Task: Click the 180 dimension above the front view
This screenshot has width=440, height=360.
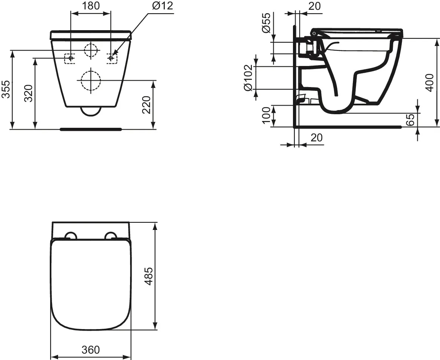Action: click(91, 6)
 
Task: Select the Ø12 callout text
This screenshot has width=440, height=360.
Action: click(162, 6)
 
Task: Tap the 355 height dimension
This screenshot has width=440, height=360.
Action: click(6, 89)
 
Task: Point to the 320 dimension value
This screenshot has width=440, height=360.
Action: click(28, 93)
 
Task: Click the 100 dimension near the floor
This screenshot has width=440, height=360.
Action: click(266, 115)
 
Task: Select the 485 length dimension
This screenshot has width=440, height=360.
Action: click(149, 276)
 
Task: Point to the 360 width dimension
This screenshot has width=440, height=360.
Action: click(91, 350)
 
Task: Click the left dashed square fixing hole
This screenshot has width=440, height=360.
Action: click(70, 58)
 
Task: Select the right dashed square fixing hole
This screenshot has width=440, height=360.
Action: click(112, 58)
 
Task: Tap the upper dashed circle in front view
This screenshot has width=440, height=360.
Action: click(90, 50)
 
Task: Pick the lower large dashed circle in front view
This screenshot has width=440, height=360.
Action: click(90, 80)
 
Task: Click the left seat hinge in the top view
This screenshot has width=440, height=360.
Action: click(71, 236)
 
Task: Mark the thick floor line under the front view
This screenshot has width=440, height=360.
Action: click(90, 129)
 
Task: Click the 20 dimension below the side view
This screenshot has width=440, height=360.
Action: click(317, 138)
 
